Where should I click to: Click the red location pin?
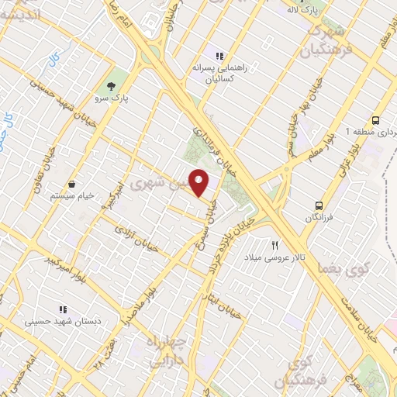coord(199,182)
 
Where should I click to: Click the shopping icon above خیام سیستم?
coord(72,185)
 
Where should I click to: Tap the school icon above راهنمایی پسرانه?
coord(220,56)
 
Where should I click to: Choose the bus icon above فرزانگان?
coord(319,205)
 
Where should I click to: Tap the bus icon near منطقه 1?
coord(375,120)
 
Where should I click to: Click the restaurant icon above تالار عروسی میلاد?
coord(274,245)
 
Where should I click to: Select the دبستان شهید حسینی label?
coord(60,320)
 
